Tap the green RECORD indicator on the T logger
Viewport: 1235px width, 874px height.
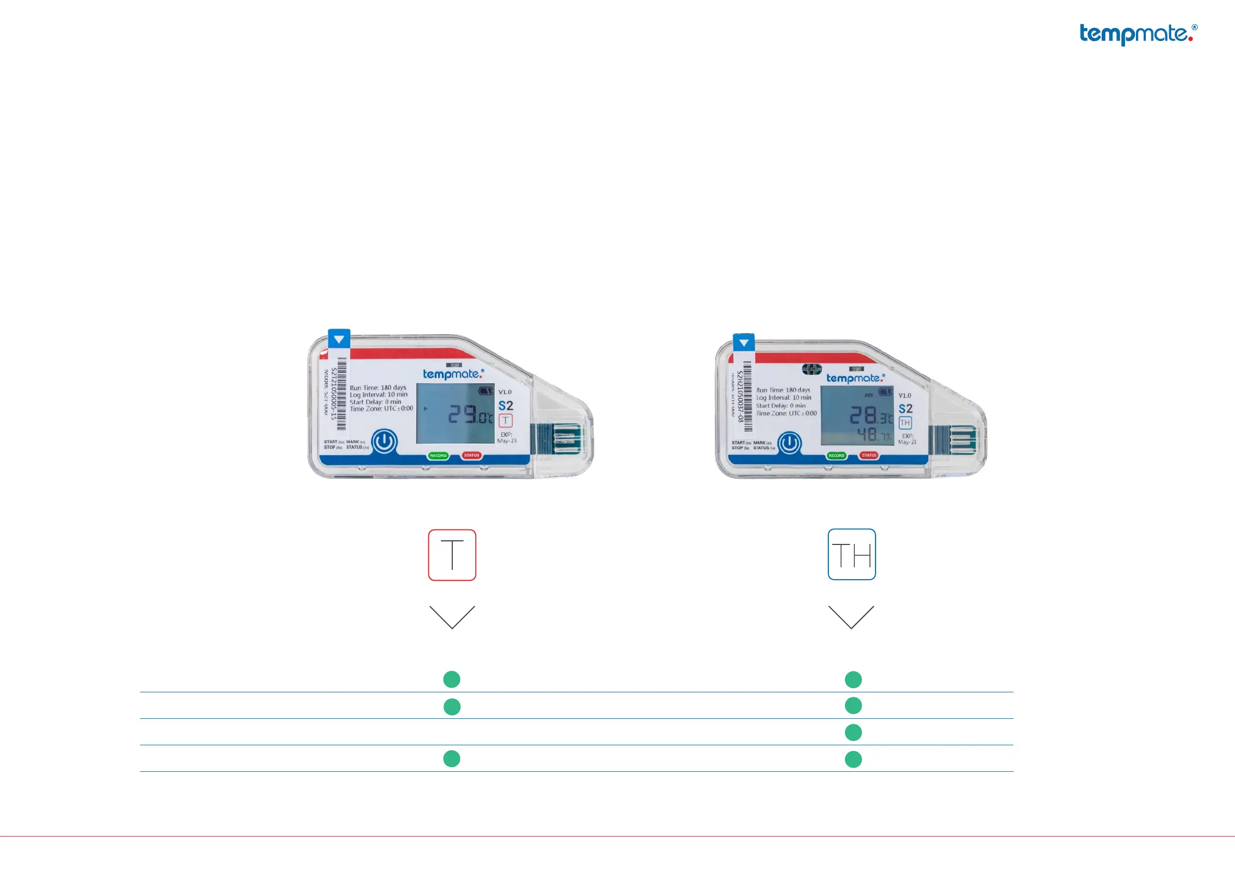click(438, 456)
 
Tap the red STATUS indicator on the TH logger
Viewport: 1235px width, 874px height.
click(869, 455)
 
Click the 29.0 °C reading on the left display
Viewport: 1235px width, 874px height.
click(470, 414)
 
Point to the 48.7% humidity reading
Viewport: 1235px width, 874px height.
click(873, 434)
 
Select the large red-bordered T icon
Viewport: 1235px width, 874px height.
click(452, 555)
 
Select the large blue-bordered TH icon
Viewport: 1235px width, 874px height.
click(852, 554)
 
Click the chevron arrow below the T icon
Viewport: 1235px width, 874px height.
click(452, 617)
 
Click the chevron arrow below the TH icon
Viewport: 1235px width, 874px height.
click(851, 617)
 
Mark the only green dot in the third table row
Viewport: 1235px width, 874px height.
click(853, 732)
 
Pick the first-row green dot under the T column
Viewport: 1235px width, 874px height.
click(451, 679)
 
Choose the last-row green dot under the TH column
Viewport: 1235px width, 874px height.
click(853, 759)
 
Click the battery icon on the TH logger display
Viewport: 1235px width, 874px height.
click(885, 392)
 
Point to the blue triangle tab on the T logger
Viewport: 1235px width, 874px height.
click(339, 339)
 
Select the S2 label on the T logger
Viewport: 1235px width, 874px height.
click(506, 406)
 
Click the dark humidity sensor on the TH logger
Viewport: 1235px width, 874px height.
click(812, 369)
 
